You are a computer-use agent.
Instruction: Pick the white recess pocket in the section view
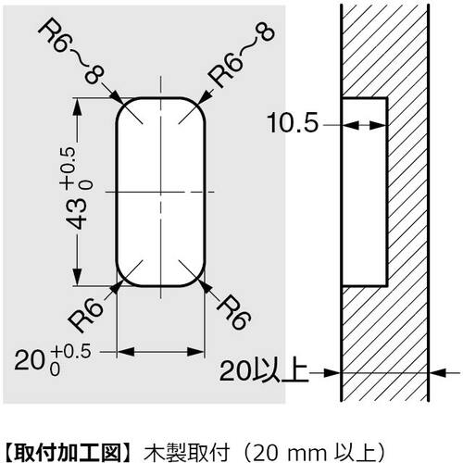(365, 190)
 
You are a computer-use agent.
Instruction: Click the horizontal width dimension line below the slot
(159, 351)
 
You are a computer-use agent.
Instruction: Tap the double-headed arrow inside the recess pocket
(365, 125)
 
